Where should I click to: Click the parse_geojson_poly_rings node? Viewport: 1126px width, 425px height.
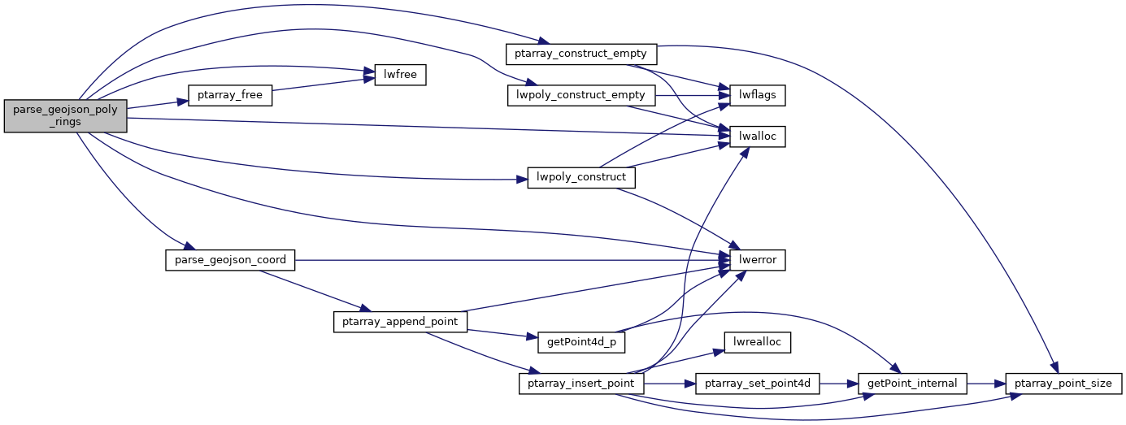(66, 117)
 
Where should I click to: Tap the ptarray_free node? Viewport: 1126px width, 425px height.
(230, 95)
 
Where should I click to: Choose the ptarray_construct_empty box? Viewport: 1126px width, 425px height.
(580, 54)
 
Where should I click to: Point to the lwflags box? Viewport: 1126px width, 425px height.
(758, 95)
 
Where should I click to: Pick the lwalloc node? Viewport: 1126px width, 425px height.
(758, 137)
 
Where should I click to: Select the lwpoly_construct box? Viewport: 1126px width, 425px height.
(580, 177)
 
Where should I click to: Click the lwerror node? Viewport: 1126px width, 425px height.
(758, 260)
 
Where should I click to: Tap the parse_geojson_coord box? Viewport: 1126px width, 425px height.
(230, 260)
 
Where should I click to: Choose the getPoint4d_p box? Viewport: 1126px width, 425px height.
(580, 341)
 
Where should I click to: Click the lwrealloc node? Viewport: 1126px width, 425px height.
(758, 341)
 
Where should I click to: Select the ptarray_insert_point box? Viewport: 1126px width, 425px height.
(580, 383)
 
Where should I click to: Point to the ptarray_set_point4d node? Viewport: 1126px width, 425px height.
(758, 383)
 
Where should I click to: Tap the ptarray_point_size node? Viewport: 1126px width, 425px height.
(1065, 383)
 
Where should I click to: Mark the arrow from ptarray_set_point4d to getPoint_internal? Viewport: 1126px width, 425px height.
(840, 383)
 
